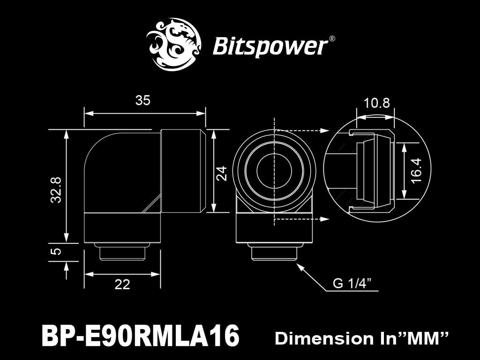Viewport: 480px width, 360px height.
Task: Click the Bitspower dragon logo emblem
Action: click(x=173, y=44)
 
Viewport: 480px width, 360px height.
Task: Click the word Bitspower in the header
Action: click(x=270, y=47)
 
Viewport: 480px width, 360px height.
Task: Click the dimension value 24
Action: click(x=222, y=173)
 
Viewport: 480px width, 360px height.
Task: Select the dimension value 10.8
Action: click(x=376, y=103)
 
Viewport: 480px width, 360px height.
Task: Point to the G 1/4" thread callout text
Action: click(x=352, y=283)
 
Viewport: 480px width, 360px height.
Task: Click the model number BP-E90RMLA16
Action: click(x=140, y=336)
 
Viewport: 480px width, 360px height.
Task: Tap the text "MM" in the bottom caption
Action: click(x=425, y=337)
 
